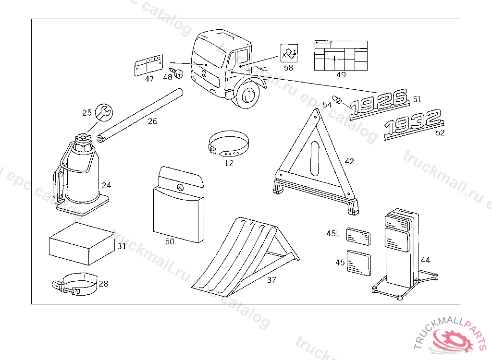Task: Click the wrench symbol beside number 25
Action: (103, 112)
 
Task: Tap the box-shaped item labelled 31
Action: (82, 243)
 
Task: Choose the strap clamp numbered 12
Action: (230, 145)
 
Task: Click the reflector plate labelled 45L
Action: (358, 236)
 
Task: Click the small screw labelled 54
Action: (337, 100)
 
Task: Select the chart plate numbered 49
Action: (341, 56)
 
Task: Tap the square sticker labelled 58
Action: (289, 52)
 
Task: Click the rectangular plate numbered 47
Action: (148, 66)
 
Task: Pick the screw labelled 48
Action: (179, 73)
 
